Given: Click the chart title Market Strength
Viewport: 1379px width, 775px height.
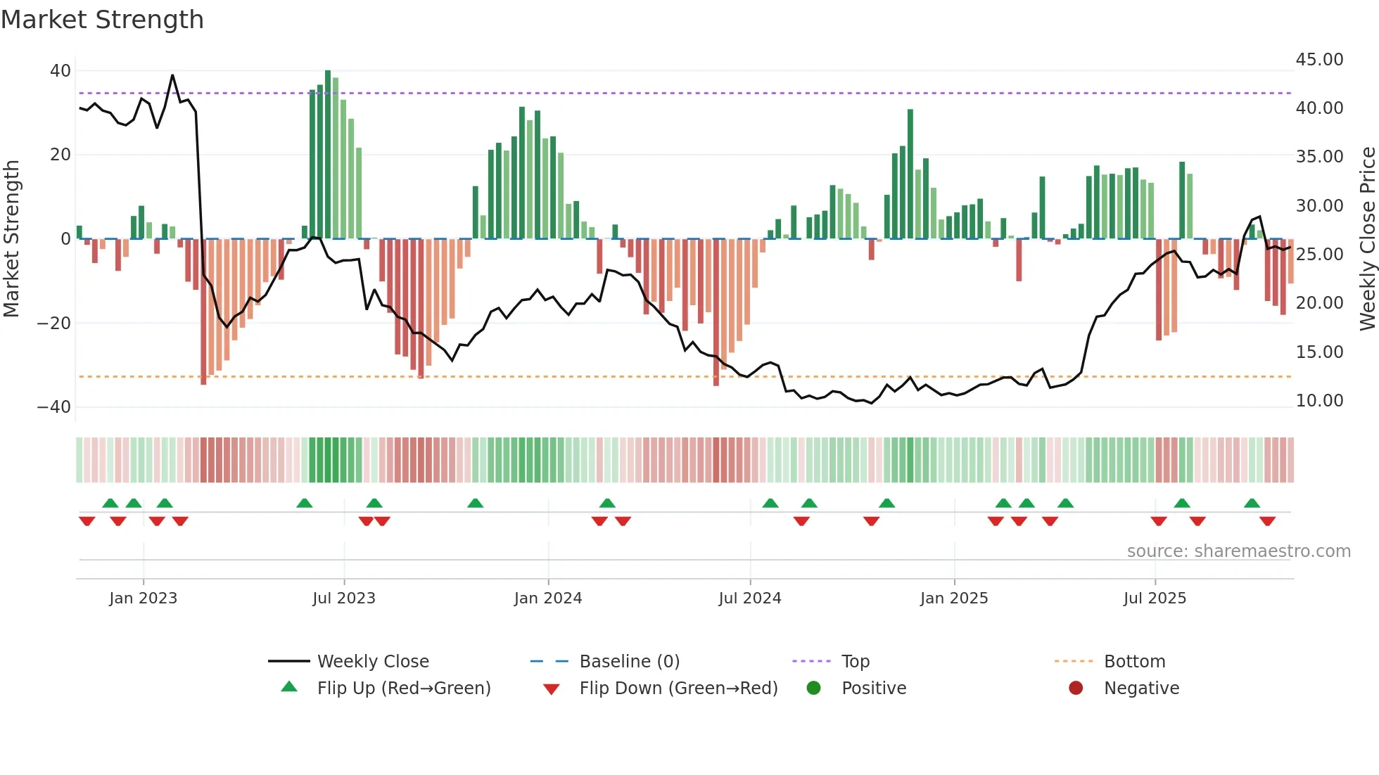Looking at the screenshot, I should (102, 20).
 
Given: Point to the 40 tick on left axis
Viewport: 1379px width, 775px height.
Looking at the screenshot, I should (60, 70).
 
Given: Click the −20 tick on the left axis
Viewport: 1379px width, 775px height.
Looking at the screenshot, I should (53, 323).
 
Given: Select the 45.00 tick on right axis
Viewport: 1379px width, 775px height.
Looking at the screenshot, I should (1319, 60).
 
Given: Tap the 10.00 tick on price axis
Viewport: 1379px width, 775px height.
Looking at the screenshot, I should (1319, 401).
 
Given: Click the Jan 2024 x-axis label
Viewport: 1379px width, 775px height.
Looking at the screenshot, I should (548, 598).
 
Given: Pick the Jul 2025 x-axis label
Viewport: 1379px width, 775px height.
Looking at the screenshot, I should (1155, 598).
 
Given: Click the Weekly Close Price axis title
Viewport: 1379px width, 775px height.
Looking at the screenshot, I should (1367, 239).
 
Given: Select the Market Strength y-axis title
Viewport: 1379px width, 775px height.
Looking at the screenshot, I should (11, 239).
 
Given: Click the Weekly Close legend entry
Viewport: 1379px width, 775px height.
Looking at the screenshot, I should (372, 662).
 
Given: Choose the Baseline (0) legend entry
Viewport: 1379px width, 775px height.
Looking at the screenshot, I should (629, 662).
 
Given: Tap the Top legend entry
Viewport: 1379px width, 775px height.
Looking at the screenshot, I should (855, 662).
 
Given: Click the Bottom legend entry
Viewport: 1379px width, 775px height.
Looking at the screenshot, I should (1134, 662).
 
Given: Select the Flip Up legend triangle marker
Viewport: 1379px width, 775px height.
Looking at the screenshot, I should (289, 687).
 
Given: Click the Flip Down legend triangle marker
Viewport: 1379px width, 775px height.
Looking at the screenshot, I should (552, 689).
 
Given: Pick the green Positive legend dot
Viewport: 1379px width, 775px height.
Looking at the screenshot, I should (813, 688).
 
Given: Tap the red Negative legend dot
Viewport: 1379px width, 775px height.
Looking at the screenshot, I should (1076, 688).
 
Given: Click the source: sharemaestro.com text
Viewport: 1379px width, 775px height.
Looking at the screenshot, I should (1238, 551).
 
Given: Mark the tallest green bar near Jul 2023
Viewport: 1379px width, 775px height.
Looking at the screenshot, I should (328, 155).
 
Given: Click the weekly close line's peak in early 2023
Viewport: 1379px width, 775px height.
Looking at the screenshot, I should (172, 75).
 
